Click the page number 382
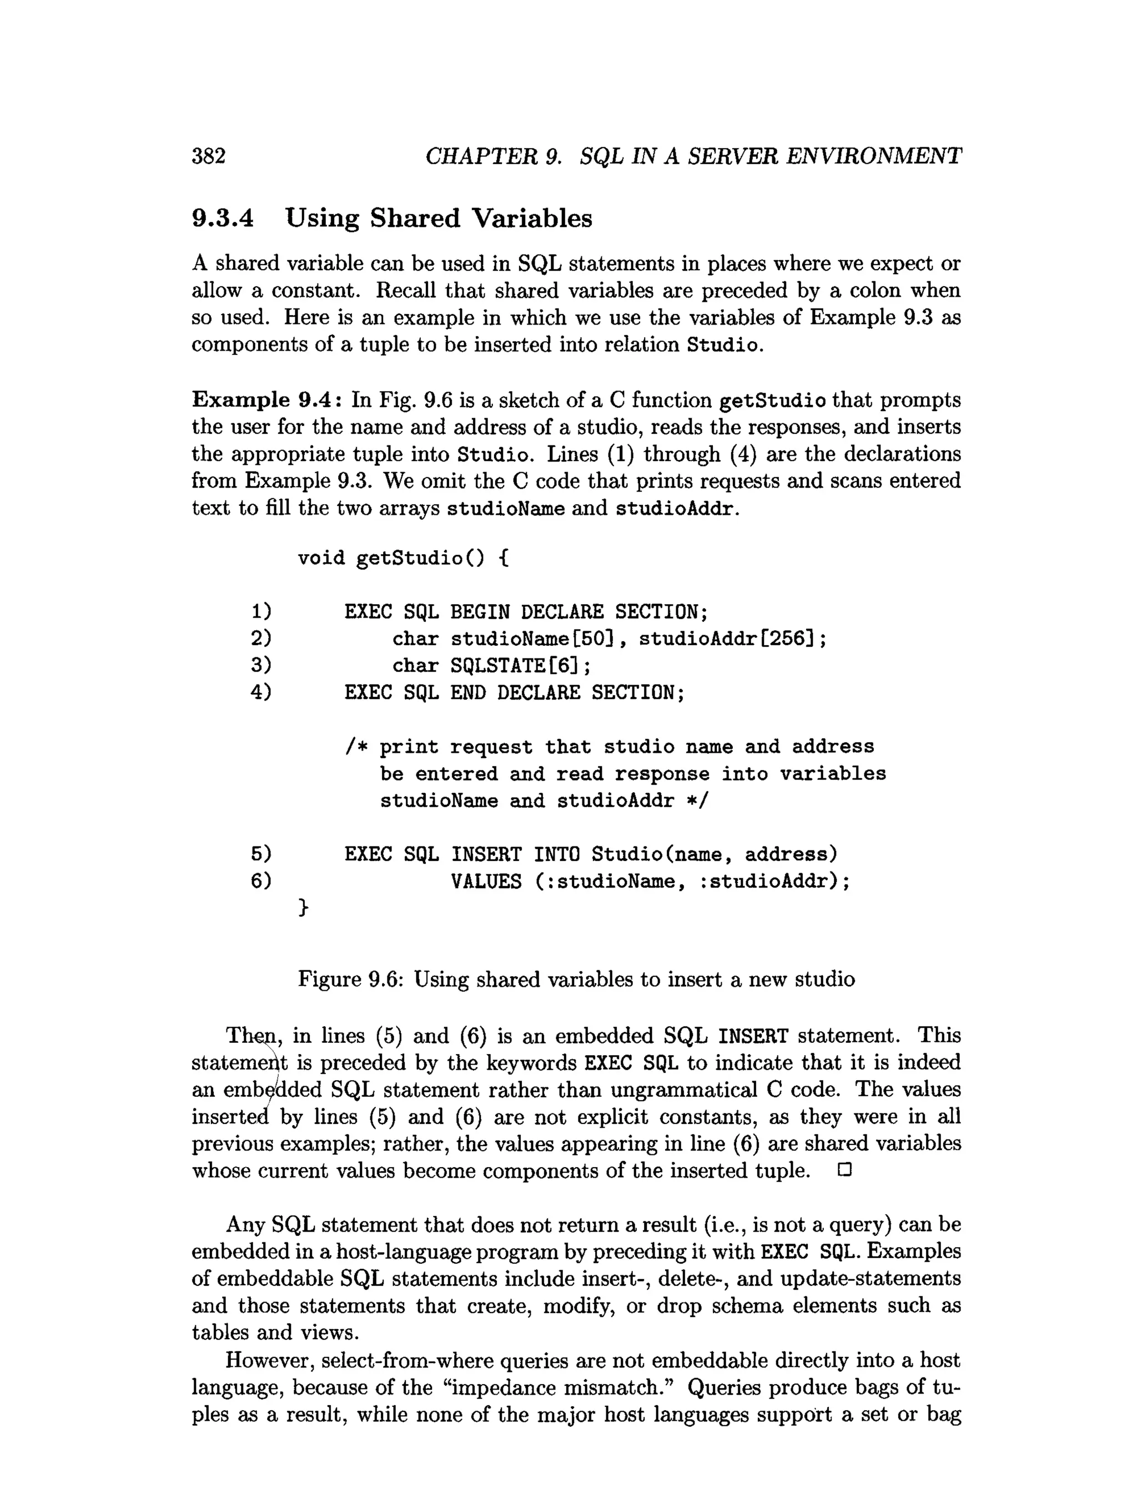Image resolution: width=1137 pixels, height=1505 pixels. click(x=208, y=156)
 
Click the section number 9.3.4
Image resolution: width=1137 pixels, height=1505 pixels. click(x=223, y=219)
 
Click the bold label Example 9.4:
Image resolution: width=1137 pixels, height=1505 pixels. click(x=268, y=399)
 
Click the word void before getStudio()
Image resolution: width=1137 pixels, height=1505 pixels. click(x=321, y=558)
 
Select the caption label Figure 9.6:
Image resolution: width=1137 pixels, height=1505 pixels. click(x=353, y=979)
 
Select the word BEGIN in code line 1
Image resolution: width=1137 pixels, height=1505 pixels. click(x=479, y=612)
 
